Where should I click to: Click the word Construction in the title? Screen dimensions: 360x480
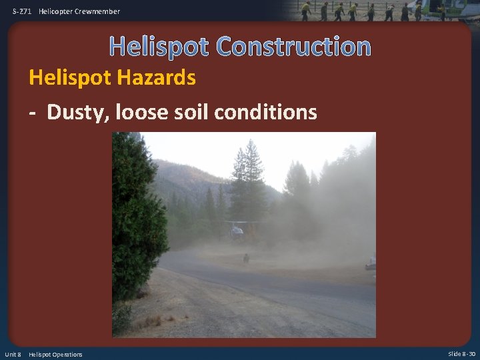point(294,47)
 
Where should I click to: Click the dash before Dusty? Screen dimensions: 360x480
point(33,113)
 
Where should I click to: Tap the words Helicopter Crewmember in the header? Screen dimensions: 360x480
point(79,11)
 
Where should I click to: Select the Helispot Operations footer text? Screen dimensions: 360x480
point(55,354)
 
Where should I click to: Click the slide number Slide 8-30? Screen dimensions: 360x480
point(461,354)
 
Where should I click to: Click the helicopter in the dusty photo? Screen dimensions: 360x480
point(237,230)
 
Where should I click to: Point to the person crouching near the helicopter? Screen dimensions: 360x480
point(246,257)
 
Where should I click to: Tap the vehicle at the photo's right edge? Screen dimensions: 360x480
point(371,264)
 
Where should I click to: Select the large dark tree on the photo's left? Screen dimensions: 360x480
point(137,220)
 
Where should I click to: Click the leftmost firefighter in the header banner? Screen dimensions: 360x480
point(306,11)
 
